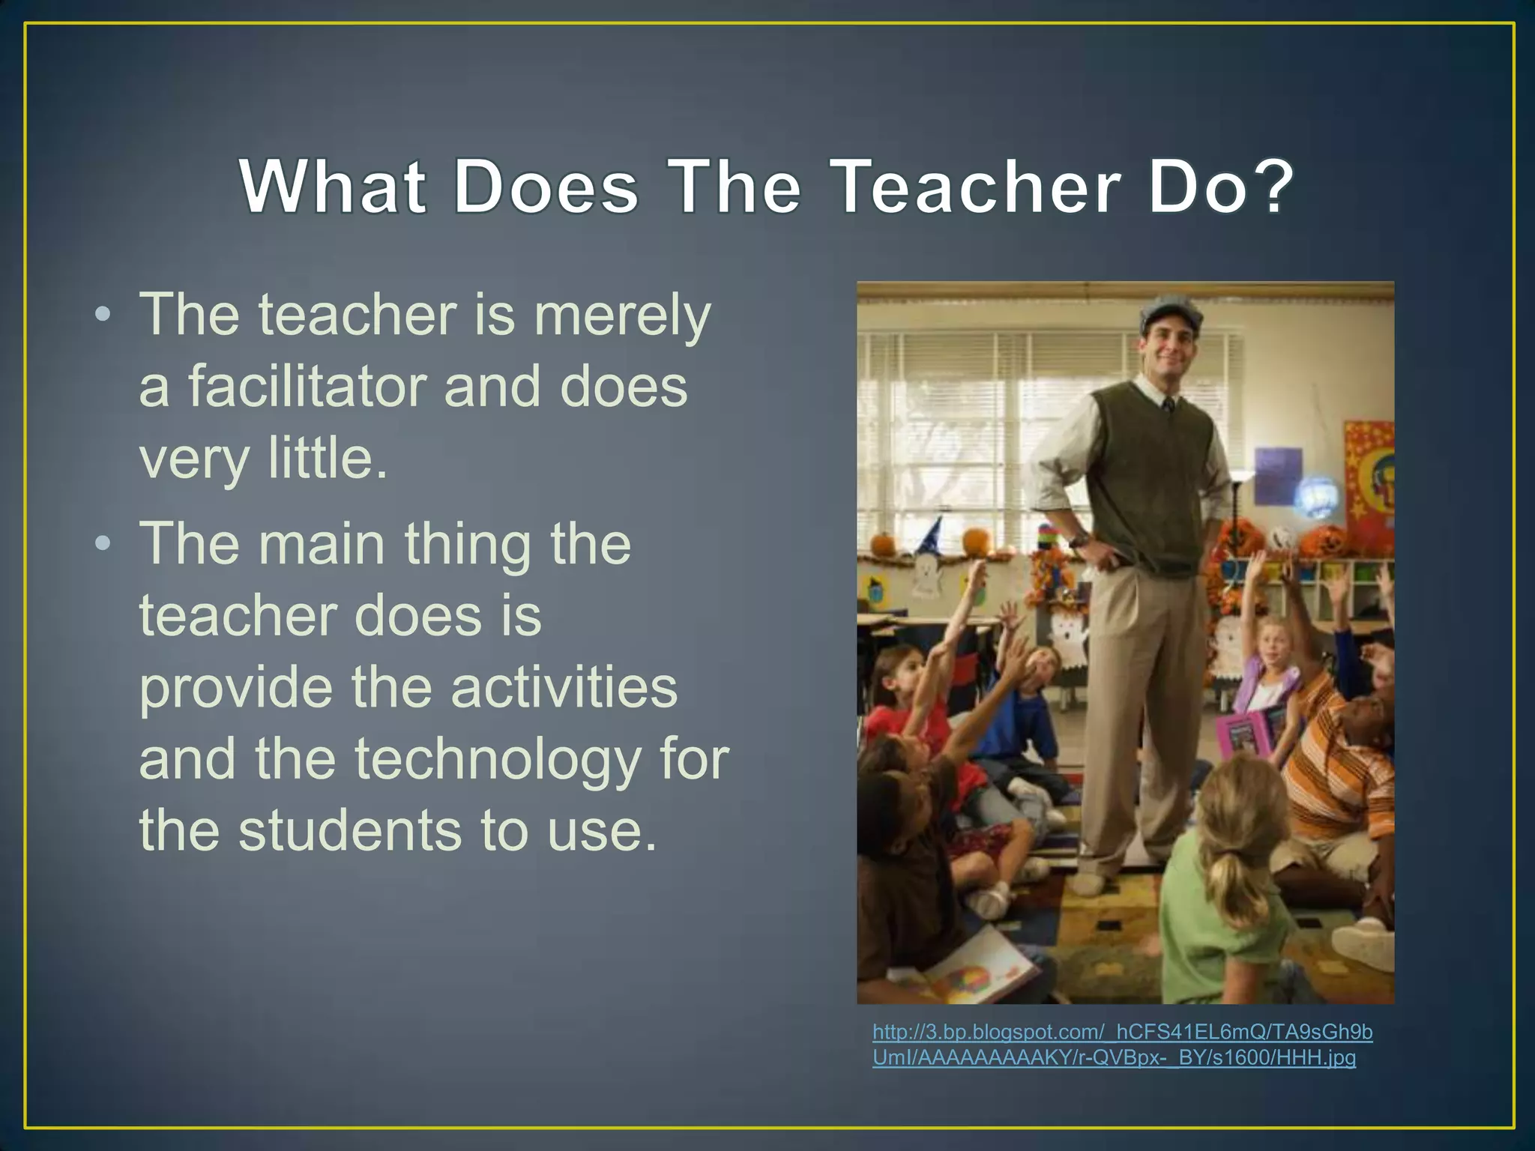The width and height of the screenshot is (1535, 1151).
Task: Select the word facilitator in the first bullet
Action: pos(307,387)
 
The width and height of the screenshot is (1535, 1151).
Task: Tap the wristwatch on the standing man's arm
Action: pos(1079,539)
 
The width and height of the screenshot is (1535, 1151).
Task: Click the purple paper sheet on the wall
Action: pos(1277,475)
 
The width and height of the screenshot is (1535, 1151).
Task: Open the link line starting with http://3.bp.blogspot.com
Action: pos(1122,1033)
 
